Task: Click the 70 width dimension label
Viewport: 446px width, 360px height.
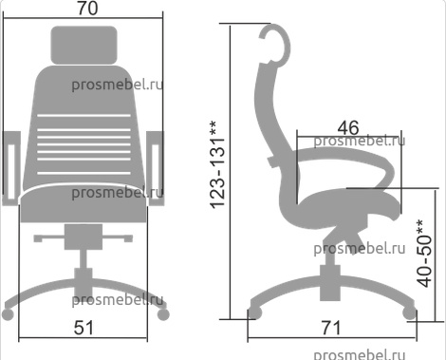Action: pyautogui.click(x=87, y=9)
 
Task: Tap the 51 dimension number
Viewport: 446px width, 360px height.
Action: pyautogui.click(x=84, y=328)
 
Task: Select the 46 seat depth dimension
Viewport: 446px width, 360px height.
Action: pyautogui.click(x=348, y=128)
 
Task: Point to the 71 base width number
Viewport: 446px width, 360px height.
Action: pyautogui.click(x=331, y=328)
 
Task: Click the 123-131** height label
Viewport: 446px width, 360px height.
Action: pyautogui.click(x=218, y=164)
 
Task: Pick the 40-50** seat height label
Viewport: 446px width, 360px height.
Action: pyautogui.click(x=424, y=253)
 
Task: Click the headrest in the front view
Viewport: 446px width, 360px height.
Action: pyautogui.click(x=84, y=45)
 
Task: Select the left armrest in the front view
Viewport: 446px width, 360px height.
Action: pyautogui.click(x=11, y=168)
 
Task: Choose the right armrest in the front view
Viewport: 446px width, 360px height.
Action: pyautogui.click(x=156, y=168)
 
